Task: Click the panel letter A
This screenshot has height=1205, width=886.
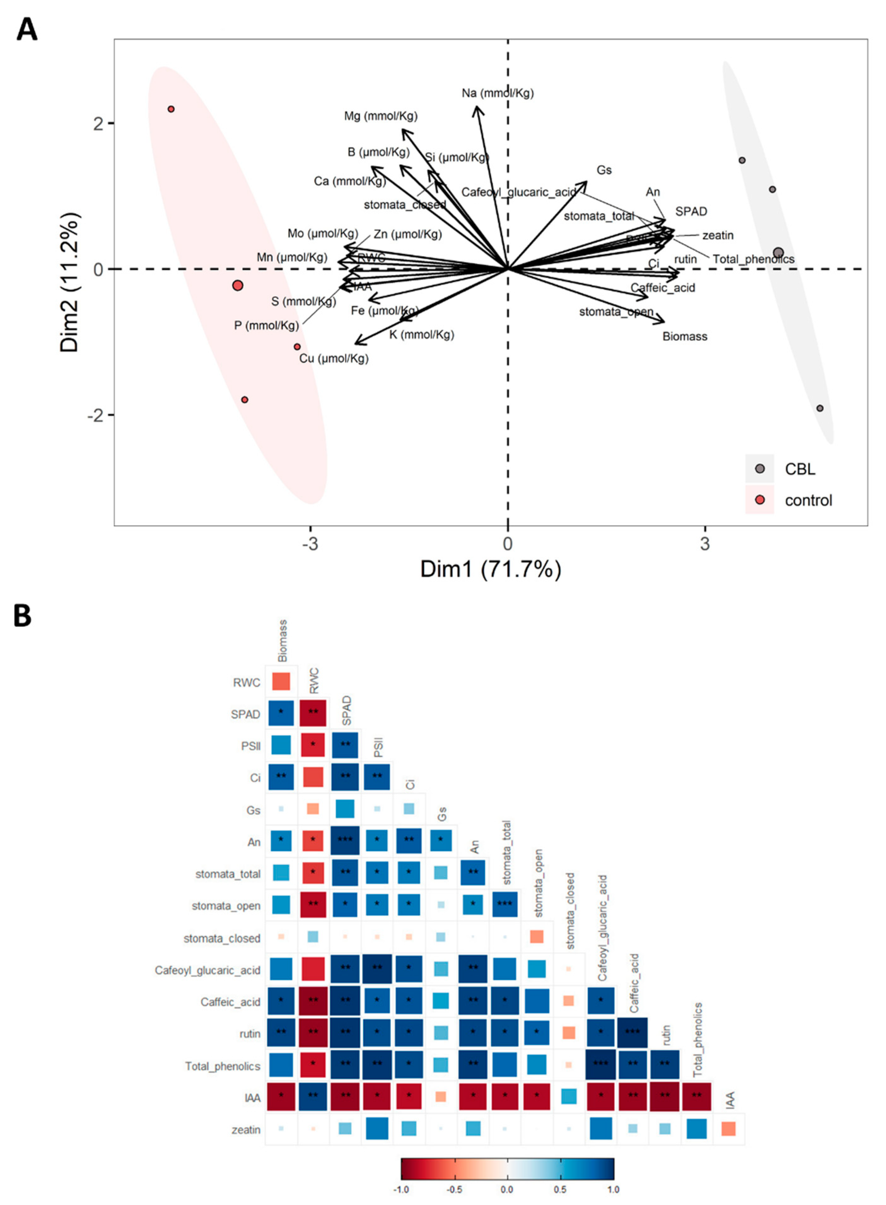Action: coord(27,30)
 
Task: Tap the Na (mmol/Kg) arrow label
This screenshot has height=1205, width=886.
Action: coord(497,93)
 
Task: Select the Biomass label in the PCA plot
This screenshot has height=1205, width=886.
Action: coord(684,337)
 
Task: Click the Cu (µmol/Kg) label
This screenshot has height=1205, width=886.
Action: coord(334,358)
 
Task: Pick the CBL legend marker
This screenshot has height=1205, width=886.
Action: coord(760,469)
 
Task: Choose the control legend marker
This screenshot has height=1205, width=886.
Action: coord(760,500)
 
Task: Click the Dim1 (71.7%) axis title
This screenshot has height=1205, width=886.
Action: coord(491,569)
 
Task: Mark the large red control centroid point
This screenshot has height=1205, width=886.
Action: coord(238,285)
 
